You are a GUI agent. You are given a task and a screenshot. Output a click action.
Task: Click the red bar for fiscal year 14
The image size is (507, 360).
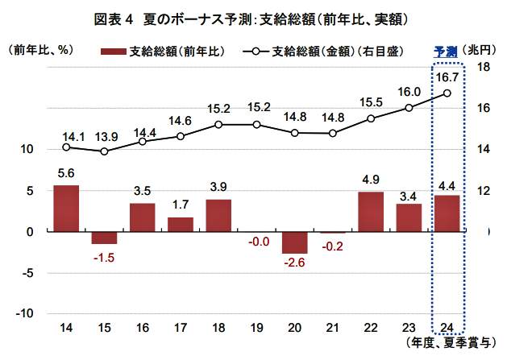(x=66, y=208)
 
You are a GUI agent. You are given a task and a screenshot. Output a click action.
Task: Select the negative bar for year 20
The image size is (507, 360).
(x=295, y=242)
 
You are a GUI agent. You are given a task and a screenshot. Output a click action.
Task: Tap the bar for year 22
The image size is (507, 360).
(x=371, y=212)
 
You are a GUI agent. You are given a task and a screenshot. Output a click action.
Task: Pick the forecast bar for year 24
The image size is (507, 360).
(x=447, y=213)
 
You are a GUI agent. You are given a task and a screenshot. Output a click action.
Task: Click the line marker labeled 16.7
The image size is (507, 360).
(x=447, y=93)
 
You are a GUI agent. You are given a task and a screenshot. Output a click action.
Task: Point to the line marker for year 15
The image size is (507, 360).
(x=104, y=151)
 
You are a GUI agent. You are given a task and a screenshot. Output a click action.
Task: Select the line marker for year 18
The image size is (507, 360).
(x=218, y=125)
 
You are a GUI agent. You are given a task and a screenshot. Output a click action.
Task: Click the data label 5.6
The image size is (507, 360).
(x=66, y=172)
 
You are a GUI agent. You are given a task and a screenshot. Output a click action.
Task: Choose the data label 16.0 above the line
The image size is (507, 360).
(x=409, y=91)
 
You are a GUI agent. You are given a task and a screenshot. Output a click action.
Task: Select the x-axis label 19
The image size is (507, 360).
(x=256, y=327)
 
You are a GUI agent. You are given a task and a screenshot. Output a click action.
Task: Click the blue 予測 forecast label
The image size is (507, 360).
(x=445, y=50)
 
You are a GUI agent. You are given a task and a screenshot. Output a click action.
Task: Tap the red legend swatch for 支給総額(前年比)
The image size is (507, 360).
(x=114, y=51)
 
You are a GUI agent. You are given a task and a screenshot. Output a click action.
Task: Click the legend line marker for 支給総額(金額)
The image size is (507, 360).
(x=256, y=51)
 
